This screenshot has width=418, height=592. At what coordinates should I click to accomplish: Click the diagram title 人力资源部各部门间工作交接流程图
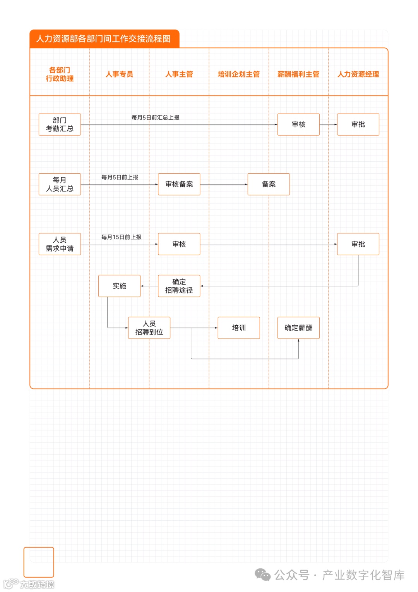[x=103, y=39]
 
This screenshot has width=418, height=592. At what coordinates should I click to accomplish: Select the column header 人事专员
[x=119, y=74]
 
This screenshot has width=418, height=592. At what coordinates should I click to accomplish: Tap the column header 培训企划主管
[x=238, y=74]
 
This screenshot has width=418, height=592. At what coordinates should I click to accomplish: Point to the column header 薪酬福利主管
[x=298, y=74]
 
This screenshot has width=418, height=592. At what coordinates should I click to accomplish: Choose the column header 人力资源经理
[x=358, y=74]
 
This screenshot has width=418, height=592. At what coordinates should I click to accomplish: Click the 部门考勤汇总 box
[x=60, y=124]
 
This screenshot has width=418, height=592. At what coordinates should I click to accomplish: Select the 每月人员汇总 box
[x=60, y=184]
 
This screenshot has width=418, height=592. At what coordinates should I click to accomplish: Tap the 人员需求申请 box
[x=60, y=244]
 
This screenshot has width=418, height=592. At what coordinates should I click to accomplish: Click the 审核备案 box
[x=179, y=184]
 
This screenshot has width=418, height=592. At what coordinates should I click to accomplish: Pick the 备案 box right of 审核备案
[x=269, y=184]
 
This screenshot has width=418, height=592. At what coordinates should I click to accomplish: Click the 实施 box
[x=119, y=286]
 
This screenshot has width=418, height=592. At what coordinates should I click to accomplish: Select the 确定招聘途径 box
[x=179, y=286]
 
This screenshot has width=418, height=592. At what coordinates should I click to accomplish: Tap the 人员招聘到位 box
[x=149, y=328]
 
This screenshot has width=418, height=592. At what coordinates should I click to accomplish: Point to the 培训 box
[x=238, y=328]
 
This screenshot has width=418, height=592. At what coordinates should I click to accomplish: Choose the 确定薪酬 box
[x=298, y=328]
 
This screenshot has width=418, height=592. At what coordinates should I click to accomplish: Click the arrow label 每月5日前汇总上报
[x=155, y=117]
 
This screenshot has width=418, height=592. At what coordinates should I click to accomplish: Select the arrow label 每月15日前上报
[x=121, y=237]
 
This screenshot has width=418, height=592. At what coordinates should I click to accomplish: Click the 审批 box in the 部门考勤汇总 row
[x=358, y=124]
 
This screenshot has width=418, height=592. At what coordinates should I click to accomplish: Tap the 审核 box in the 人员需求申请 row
[x=179, y=244]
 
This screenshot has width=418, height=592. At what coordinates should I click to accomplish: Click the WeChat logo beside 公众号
[x=263, y=575]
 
